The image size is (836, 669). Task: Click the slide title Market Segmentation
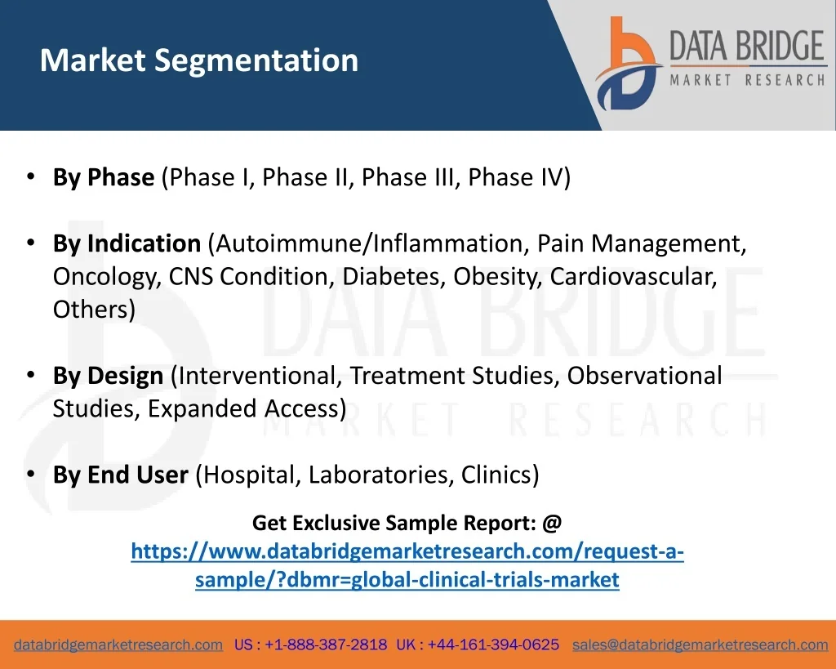click(199, 60)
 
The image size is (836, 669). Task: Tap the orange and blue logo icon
click(629, 64)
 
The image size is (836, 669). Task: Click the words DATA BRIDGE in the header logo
click(747, 46)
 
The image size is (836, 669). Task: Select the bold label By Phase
click(104, 177)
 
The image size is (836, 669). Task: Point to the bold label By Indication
click(127, 243)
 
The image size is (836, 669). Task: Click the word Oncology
click(107, 277)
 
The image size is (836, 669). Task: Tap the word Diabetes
click(394, 276)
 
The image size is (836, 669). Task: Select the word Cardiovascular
click(634, 276)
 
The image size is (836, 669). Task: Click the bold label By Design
click(109, 376)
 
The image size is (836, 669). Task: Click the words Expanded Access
click(243, 408)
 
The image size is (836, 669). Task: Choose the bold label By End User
click(121, 475)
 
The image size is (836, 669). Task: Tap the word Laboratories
click(380, 475)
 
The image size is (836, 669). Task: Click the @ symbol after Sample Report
click(552, 523)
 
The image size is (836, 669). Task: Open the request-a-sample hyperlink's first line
click(407, 551)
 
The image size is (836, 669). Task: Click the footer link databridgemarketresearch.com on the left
click(118, 644)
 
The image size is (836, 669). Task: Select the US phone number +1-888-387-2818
click(326, 644)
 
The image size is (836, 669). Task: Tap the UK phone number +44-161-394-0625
click(493, 644)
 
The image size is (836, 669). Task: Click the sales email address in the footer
click(700, 644)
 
